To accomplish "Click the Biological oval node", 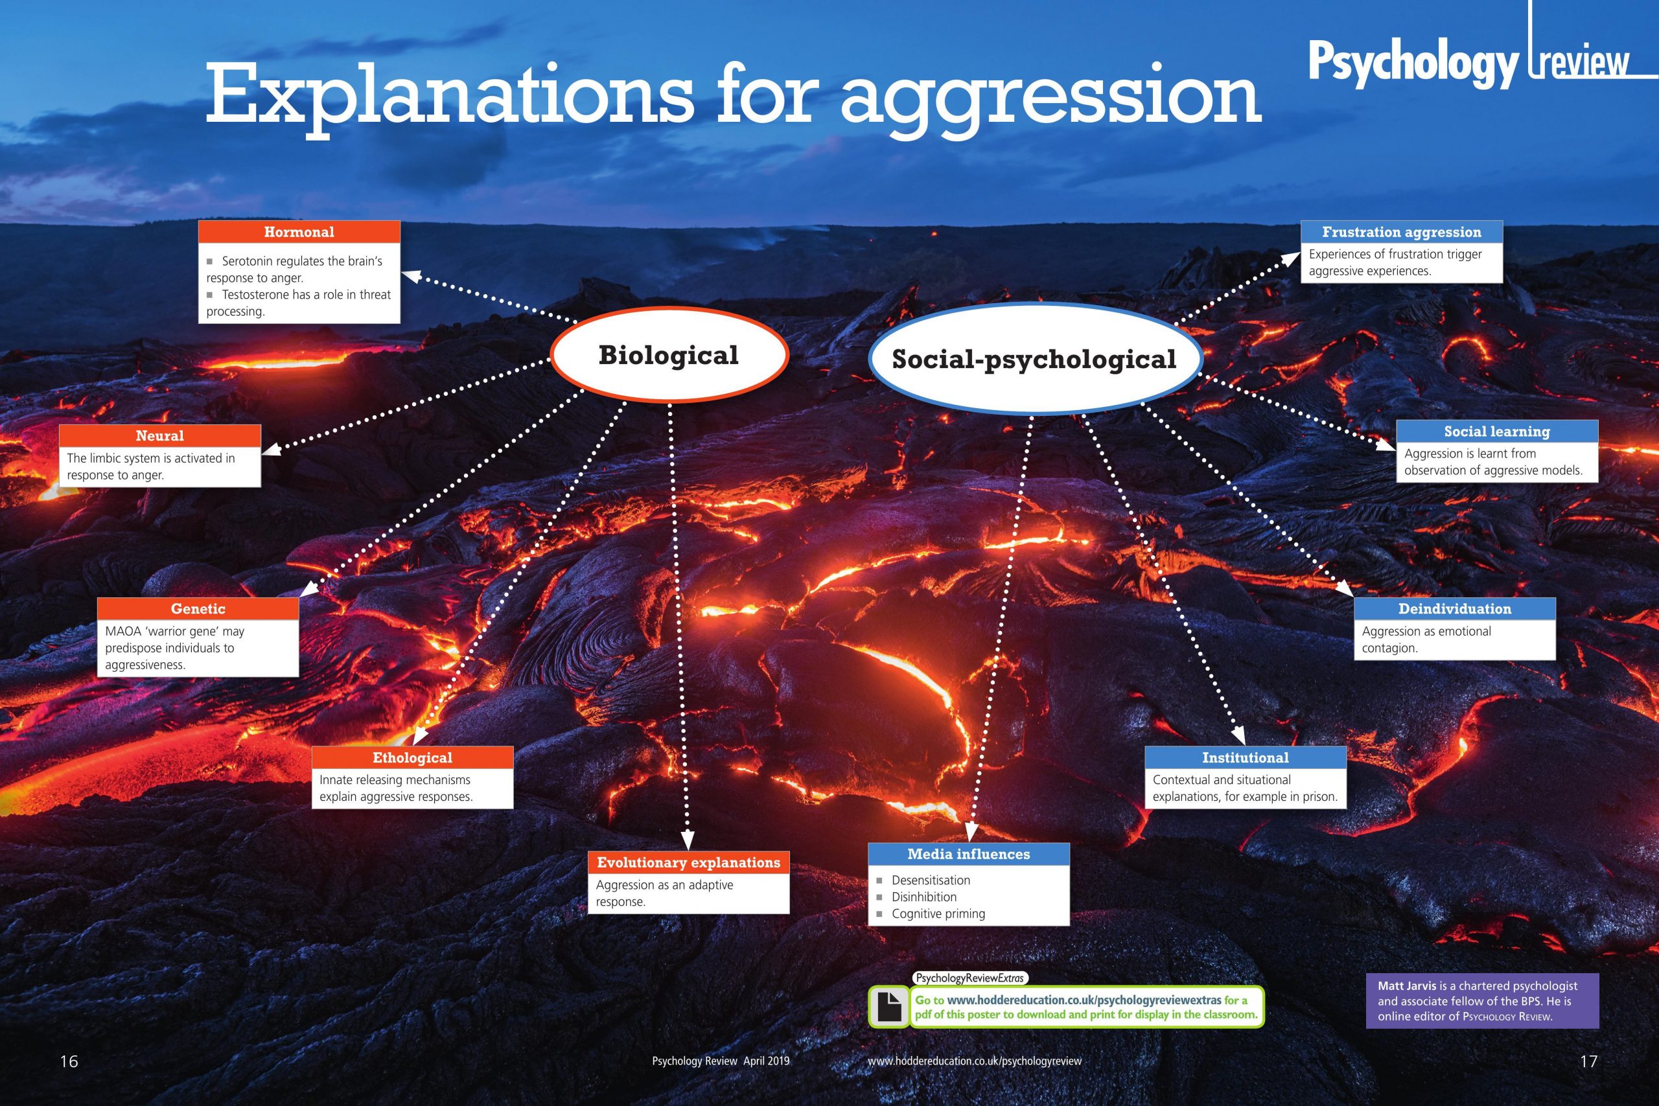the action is point(669,355).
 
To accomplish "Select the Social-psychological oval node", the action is point(1034,358).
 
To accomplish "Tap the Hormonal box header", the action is point(299,232).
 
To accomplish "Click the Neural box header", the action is point(159,436).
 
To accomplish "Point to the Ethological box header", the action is point(413,757).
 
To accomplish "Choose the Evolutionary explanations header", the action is point(688,862).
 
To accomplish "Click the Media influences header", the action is point(968,854).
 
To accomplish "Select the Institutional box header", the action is point(1246,757).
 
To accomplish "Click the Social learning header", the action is point(1497,432).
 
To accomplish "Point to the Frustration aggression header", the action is point(1402,232).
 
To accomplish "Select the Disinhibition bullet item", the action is point(924,897).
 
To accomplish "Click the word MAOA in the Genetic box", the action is point(121,631).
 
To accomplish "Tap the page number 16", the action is point(69,1061).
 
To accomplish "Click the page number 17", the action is point(1588,1061).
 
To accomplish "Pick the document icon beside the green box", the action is point(888,1007).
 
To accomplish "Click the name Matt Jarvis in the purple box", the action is point(1406,986).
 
